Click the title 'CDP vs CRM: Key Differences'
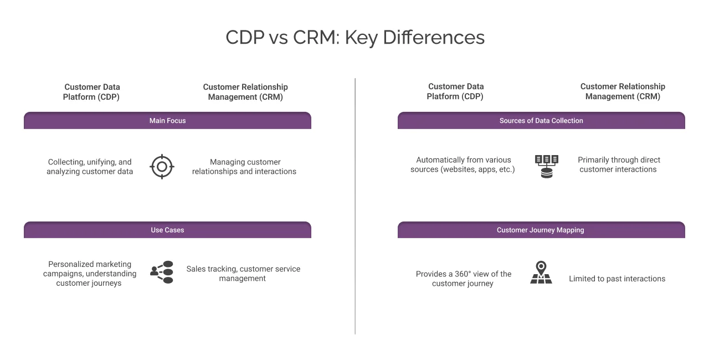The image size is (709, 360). click(354, 37)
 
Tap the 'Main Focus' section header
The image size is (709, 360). click(167, 121)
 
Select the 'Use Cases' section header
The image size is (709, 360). click(167, 230)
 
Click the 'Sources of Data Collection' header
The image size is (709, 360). click(541, 121)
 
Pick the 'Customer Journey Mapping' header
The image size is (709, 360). click(541, 230)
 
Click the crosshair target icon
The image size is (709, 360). click(162, 166)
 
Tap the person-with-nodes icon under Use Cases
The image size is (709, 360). click(162, 272)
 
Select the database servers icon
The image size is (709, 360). click(546, 166)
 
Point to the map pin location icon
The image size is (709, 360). click(541, 272)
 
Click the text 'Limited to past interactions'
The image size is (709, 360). click(617, 279)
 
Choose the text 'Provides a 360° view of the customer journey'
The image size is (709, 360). click(463, 279)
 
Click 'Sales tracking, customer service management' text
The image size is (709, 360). click(243, 274)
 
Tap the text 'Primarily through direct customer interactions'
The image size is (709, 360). click(618, 164)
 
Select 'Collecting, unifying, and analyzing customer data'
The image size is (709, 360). click(90, 167)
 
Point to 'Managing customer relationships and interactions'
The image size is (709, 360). click(244, 167)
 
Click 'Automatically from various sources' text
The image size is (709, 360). click(463, 164)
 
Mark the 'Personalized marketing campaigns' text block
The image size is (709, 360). click(89, 274)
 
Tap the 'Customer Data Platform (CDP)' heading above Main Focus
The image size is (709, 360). click(92, 91)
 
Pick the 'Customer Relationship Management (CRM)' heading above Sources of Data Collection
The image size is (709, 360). click(623, 91)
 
